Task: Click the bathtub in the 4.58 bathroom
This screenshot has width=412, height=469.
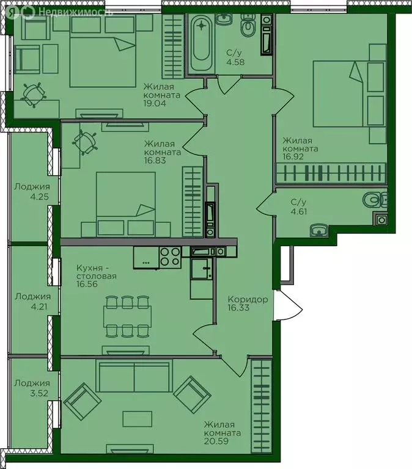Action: [201, 43]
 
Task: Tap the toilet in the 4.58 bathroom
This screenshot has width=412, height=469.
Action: [248, 25]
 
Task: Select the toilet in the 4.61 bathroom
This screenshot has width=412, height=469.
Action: [375, 199]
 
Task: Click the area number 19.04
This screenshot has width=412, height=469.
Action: [155, 103]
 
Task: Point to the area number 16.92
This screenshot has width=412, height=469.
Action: [293, 156]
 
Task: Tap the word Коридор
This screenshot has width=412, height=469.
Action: [248, 299]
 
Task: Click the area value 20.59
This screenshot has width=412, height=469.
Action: [216, 441]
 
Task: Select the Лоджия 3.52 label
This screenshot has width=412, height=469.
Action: [32, 388]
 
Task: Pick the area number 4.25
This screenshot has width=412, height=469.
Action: [39, 197]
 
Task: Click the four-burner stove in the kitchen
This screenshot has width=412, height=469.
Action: [170, 257]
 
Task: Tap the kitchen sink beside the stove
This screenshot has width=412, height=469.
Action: [202, 268]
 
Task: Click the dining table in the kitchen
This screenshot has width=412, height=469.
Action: [127, 316]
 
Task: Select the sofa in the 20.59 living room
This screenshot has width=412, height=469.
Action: [134, 376]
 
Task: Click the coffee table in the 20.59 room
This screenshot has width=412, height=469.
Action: [138, 419]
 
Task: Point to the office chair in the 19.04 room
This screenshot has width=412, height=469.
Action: [34, 95]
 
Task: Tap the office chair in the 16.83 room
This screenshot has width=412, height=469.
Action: [85, 142]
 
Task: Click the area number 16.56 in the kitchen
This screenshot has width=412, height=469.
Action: [87, 284]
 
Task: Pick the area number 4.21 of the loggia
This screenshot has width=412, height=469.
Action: [39, 307]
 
